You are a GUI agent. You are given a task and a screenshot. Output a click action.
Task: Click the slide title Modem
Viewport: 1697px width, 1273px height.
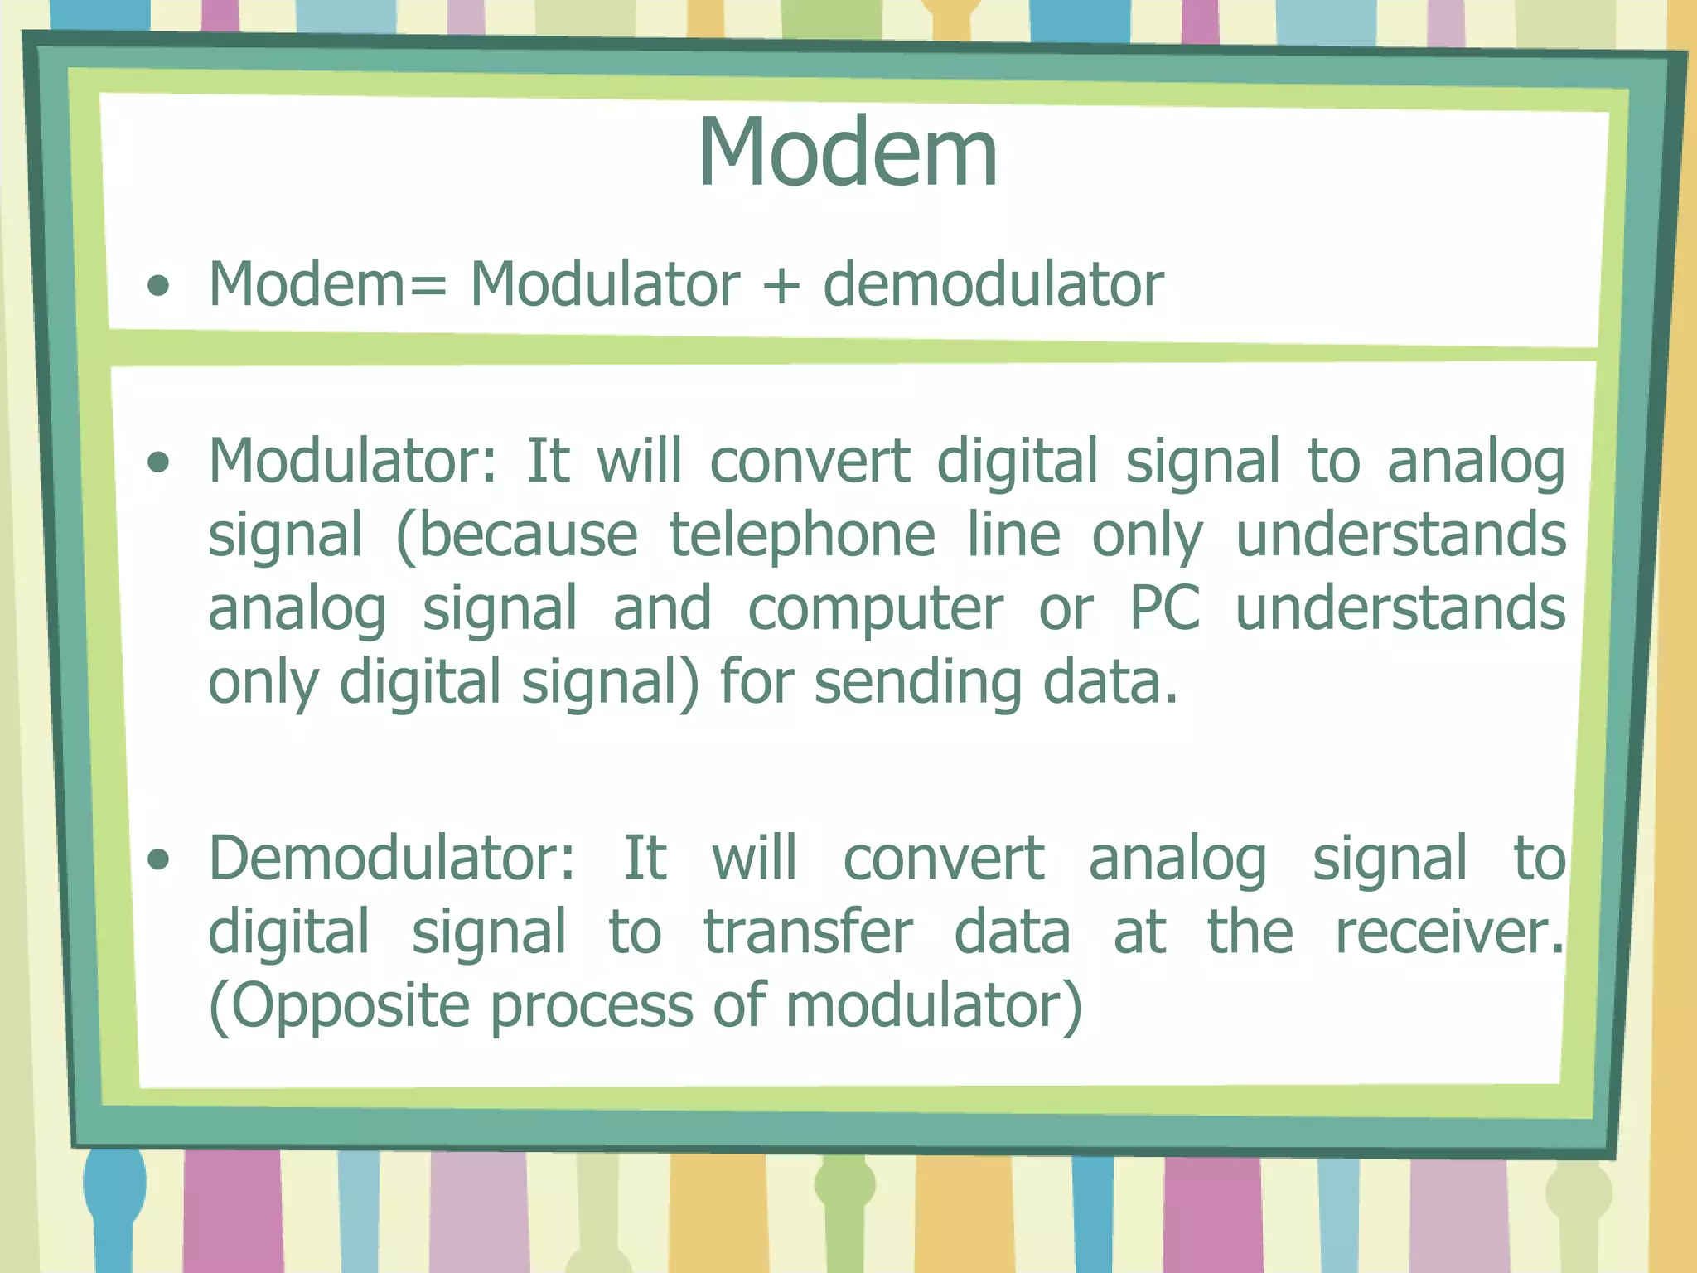(847, 153)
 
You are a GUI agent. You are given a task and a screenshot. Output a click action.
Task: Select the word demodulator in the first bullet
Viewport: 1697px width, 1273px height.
(993, 285)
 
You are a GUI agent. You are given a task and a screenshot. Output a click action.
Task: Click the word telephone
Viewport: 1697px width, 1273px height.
(801, 535)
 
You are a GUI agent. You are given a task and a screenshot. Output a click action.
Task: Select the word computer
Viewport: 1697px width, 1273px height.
(875, 609)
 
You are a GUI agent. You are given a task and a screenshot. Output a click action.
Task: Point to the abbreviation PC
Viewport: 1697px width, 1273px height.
(1164, 609)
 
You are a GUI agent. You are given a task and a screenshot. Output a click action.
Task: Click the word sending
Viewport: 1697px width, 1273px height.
(917, 683)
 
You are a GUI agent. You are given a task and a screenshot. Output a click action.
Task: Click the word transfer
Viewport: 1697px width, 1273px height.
(807, 933)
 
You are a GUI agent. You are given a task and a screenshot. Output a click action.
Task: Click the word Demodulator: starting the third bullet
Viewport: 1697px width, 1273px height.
(391, 859)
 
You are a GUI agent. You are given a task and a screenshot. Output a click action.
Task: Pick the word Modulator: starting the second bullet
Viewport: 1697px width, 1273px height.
(352, 462)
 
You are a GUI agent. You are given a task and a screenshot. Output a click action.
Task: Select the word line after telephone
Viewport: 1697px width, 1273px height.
(1013, 535)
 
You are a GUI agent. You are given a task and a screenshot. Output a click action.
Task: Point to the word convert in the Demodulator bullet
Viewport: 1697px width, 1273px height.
(943, 859)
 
